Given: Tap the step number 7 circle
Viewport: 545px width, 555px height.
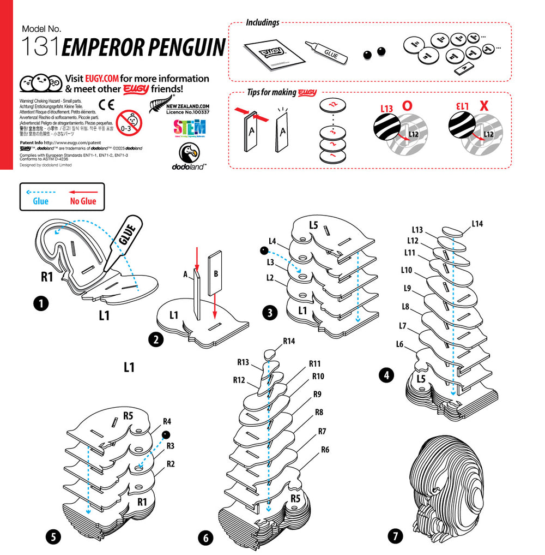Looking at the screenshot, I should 395,536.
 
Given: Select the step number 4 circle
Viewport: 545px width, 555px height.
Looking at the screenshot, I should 386,375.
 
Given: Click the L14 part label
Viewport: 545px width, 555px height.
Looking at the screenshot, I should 477,224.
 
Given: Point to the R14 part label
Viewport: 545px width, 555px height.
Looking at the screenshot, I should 289,341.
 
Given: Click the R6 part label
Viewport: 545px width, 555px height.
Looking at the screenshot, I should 325,450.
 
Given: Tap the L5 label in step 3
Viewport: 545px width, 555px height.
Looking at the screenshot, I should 313,224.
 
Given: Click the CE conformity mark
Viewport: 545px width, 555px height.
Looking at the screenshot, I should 107,104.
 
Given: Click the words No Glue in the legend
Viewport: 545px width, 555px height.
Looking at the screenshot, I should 83,201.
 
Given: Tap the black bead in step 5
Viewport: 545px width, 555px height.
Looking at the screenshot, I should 166,434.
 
